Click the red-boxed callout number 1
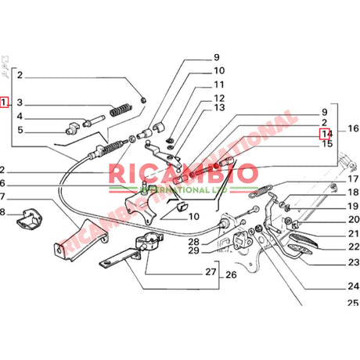pyautogui.click(x=5, y=102)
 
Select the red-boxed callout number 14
pyautogui.click(x=325, y=133)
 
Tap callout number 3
pyautogui.click(x=20, y=103)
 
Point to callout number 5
pyautogui.click(x=20, y=131)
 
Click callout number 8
pyautogui.click(x=2, y=212)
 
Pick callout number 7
pyautogui.click(x=2, y=196)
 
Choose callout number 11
pyautogui.click(x=219, y=85)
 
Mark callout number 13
pyautogui.click(x=219, y=107)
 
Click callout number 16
pyautogui.click(x=353, y=128)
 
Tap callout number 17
pyautogui.click(x=353, y=179)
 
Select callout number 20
pyautogui.click(x=353, y=220)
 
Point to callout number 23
pyautogui.click(x=353, y=262)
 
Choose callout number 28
pyautogui.click(x=193, y=241)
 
